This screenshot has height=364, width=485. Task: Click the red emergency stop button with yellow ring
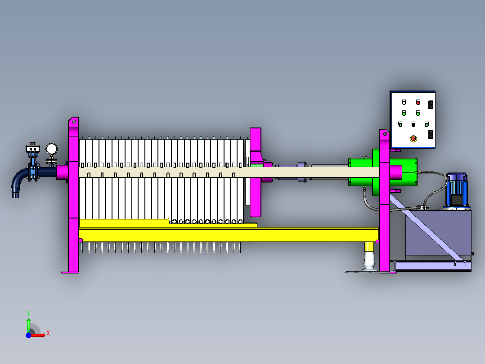tap(413, 138)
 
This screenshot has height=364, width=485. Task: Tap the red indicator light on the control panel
tap(418, 102)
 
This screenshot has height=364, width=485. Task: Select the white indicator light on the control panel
tap(404, 102)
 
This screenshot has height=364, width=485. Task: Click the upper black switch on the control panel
tap(431, 105)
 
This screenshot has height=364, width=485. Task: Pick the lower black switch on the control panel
tap(431, 134)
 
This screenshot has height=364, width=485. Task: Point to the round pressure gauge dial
tap(51, 149)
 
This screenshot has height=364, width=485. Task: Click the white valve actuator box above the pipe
tap(33, 148)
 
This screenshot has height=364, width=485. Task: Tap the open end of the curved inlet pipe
tap(15, 195)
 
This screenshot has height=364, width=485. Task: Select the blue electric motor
tap(457, 190)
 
